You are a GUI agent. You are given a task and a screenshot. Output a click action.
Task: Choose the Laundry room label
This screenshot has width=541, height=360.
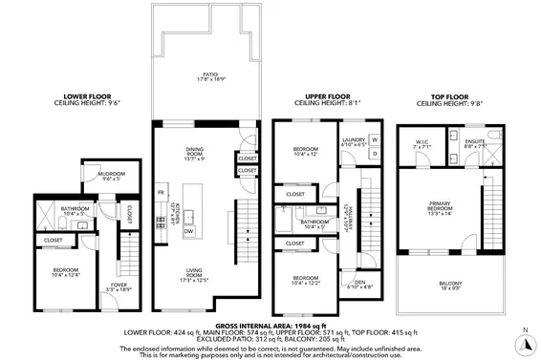(x=355, y=141)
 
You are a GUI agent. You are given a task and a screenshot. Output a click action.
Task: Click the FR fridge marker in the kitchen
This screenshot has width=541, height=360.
(x=162, y=192)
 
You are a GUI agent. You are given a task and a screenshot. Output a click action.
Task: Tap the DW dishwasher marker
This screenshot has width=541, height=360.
(x=188, y=231)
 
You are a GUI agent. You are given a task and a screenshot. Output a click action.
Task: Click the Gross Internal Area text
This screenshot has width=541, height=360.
(x=270, y=326)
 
